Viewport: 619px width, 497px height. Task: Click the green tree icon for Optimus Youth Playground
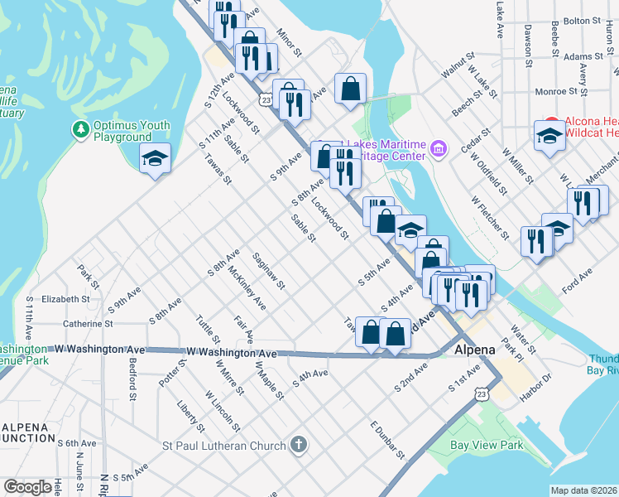click(80, 129)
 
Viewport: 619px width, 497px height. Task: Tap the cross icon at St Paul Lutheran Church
click(299, 446)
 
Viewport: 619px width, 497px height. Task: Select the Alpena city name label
click(475, 350)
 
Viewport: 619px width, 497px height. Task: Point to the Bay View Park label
click(487, 445)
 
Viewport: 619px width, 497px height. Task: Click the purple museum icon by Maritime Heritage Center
click(439, 150)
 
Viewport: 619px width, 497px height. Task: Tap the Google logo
click(27, 487)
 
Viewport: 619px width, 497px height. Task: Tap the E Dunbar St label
click(386, 440)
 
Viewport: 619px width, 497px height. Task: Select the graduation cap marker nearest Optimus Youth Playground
click(154, 159)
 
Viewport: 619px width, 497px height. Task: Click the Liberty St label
click(190, 417)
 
